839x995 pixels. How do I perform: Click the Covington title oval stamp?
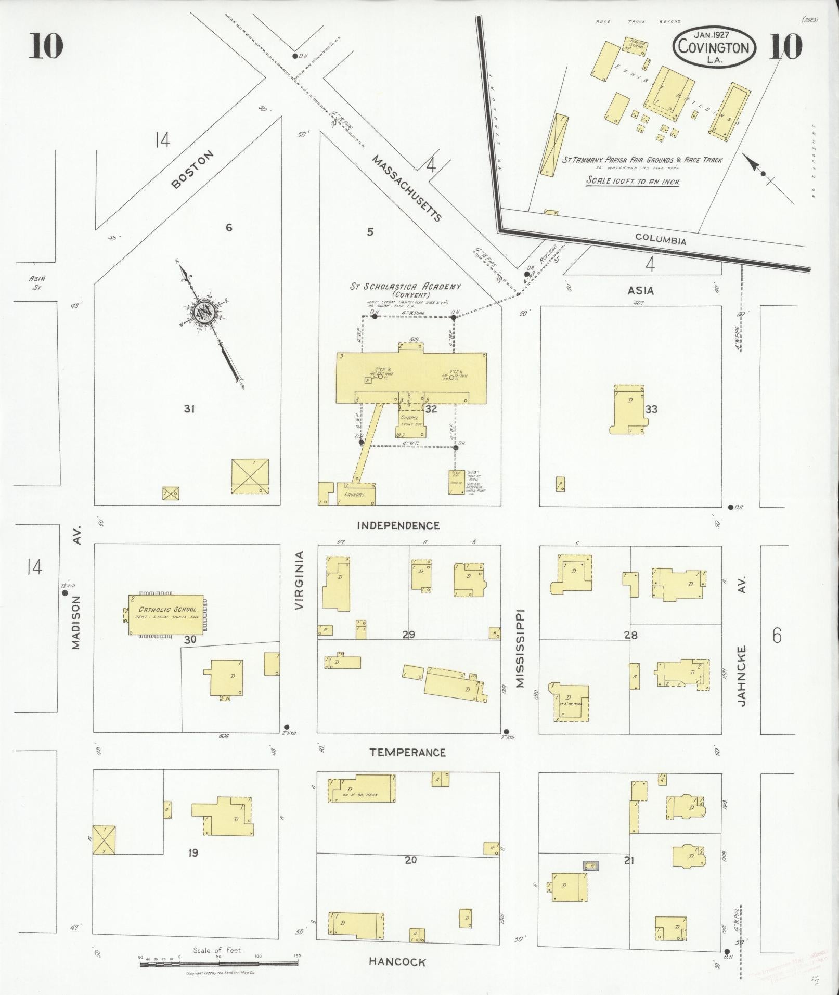pyautogui.click(x=714, y=47)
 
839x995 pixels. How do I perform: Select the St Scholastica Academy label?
pyautogui.click(x=405, y=286)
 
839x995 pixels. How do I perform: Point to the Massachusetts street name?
pyautogui.click(x=407, y=188)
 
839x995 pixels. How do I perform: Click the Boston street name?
pyautogui.click(x=192, y=169)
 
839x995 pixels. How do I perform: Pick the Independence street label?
pyautogui.click(x=398, y=526)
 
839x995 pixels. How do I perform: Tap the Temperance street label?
pyautogui.click(x=407, y=752)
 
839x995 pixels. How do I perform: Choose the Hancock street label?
pyautogui.click(x=397, y=962)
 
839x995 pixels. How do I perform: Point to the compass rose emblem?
pyautogui.click(x=203, y=313)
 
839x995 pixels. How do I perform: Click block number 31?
pyautogui.click(x=189, y=409)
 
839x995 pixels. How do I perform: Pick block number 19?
pyautogui.click(x=193, y=853)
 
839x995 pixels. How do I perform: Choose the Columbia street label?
pyautogui.click(x=661, y=240)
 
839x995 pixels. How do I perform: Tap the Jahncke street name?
pyautogui.click(x=742, y=675)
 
